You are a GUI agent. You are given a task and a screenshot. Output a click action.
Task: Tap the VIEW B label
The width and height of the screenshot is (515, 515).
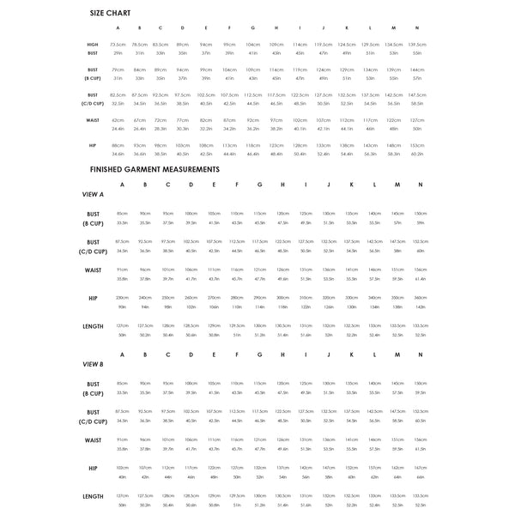click(x=92, y=364)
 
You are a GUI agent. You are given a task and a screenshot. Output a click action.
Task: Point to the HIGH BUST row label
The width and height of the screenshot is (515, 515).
click(x=92, y=48)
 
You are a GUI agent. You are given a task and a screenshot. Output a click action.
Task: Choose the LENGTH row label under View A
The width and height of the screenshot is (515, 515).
click(x=92, y=327)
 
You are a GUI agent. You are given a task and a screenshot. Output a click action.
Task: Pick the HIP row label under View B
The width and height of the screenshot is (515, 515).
click(x=92, y=470)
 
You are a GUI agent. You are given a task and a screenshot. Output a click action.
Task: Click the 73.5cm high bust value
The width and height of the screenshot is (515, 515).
click(x=118, y=44)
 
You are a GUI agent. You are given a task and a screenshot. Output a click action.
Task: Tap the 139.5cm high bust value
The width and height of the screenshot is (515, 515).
click(x=416, y=44)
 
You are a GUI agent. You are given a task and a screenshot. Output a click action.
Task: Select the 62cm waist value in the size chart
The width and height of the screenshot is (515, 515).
click(x=118, y=120)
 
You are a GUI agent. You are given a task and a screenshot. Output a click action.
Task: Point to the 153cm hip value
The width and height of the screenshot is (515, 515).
click(x=416, y=146)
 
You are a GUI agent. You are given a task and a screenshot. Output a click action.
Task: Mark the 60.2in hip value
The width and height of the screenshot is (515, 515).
click(x=416, y=154)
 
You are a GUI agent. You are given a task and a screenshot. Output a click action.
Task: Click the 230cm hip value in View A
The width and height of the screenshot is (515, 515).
click(x=122, y=297)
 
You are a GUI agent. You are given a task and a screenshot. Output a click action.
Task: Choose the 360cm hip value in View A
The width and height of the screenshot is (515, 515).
click(x=420, y=297)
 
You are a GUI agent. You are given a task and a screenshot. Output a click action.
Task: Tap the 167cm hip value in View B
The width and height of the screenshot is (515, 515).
click(x=420, y=467)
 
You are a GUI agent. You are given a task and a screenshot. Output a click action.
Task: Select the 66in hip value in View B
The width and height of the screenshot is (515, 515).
click(x=420, y=476)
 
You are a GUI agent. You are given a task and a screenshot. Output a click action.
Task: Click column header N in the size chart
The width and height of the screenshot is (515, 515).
click(x=416, y=27)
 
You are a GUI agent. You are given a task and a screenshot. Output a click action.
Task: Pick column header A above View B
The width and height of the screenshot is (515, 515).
click(x=122, y=354)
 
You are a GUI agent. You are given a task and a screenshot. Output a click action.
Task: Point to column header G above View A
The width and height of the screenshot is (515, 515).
click(x=258, y=185)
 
